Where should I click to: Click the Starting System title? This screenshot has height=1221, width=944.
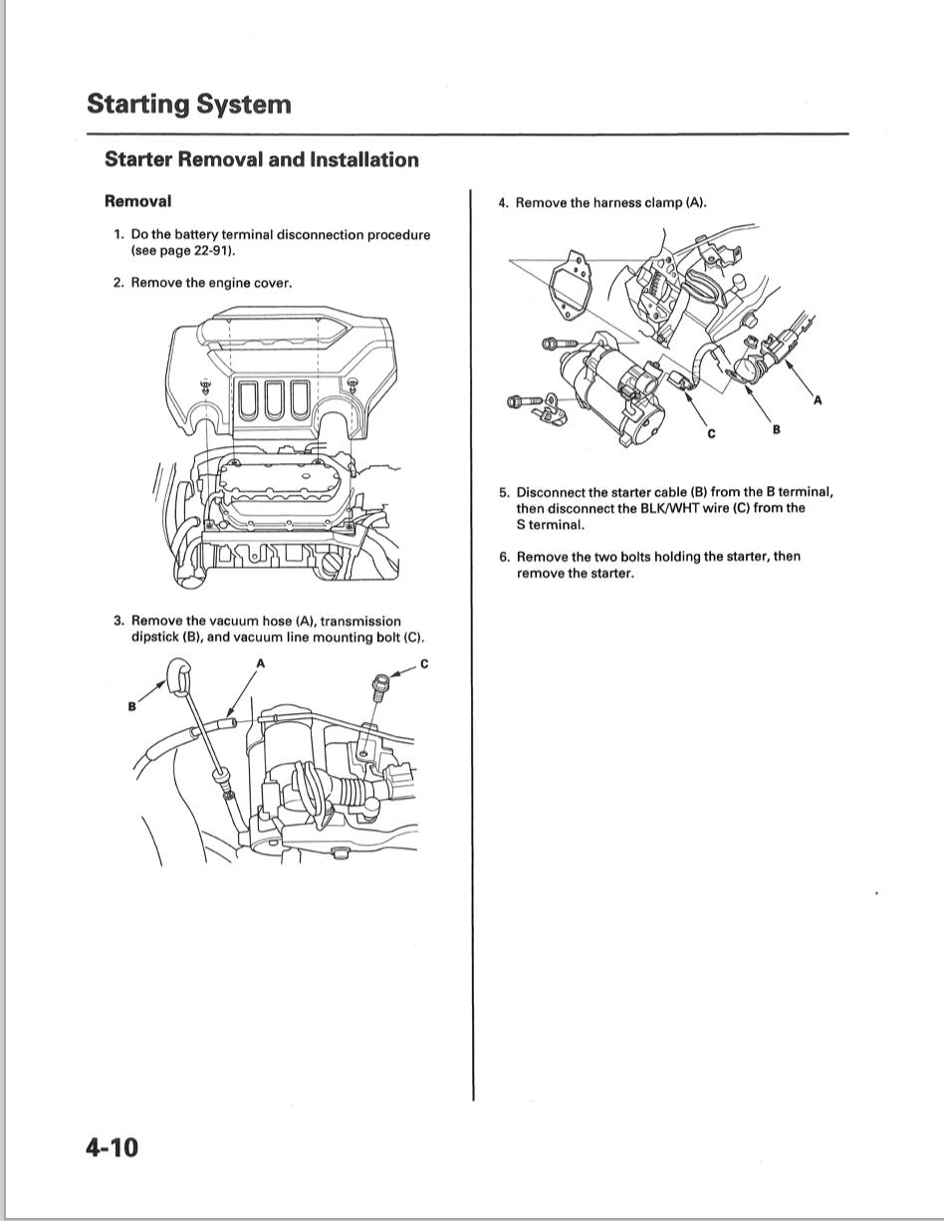point(189,104)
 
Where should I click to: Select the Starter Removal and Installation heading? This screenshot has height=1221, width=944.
point(262,159)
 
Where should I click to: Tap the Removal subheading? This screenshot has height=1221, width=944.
point(137,201)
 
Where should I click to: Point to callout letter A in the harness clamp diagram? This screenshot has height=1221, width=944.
point(818,400)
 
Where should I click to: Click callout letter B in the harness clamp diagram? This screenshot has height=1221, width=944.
point(776,428)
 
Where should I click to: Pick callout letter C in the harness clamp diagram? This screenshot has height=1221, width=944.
point(711,433)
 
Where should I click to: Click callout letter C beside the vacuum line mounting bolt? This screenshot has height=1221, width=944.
point(424,664)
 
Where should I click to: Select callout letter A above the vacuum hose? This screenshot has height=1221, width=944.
point(261,663)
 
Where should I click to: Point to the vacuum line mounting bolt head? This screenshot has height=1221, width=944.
point(377,683)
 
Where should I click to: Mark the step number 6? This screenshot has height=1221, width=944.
point(504,557)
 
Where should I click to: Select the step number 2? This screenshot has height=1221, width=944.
point(118,283)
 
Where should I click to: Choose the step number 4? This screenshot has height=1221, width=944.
point(503,203)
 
